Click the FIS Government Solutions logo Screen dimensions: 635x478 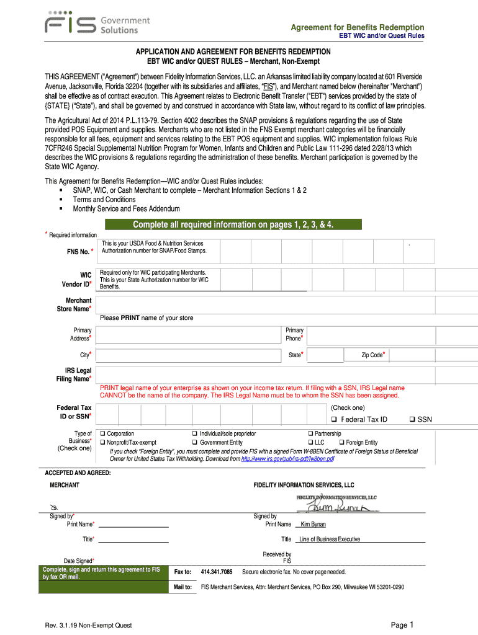tap(97, 25)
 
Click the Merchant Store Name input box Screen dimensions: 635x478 tap(286, 303)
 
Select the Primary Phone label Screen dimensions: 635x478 tap(295, 334)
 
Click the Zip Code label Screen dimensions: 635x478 tap(373, 355)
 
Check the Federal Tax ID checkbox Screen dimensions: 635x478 tap(334, 420)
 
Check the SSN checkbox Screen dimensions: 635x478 tap(412, 420)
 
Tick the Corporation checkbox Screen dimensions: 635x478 tap(104, 433)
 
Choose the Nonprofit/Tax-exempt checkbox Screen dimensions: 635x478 tap(104, 442)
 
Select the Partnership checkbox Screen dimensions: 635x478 tap(311, 433)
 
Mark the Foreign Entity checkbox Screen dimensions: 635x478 tap(341, 442)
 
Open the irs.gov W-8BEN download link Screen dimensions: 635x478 tap(287, 459)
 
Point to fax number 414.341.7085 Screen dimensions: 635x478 tap(217, 572)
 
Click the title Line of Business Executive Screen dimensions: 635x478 tap(330, 539)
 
